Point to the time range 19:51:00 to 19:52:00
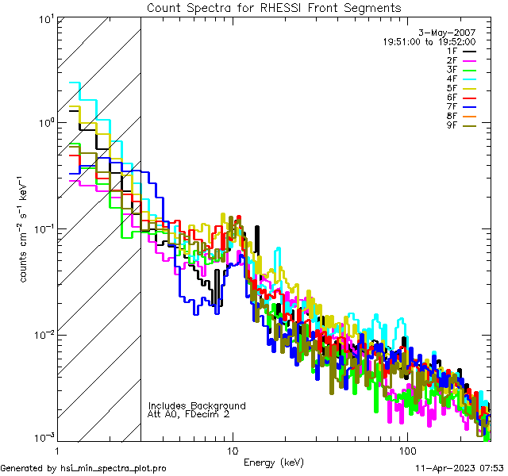pyautogui.click(x=429, y=41)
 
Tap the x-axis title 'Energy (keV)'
pyautogui.click(x=274, y=462)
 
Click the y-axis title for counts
pyautogui.click(x=25, y=228)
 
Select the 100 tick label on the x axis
pyautogui.click(x=406, y=451)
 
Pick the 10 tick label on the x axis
pyautogui.click(x=232, y=451)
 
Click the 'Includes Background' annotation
pyautogui.click(x=197, y=405)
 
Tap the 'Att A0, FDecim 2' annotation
pyautogui.click(x=189, y=414)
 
